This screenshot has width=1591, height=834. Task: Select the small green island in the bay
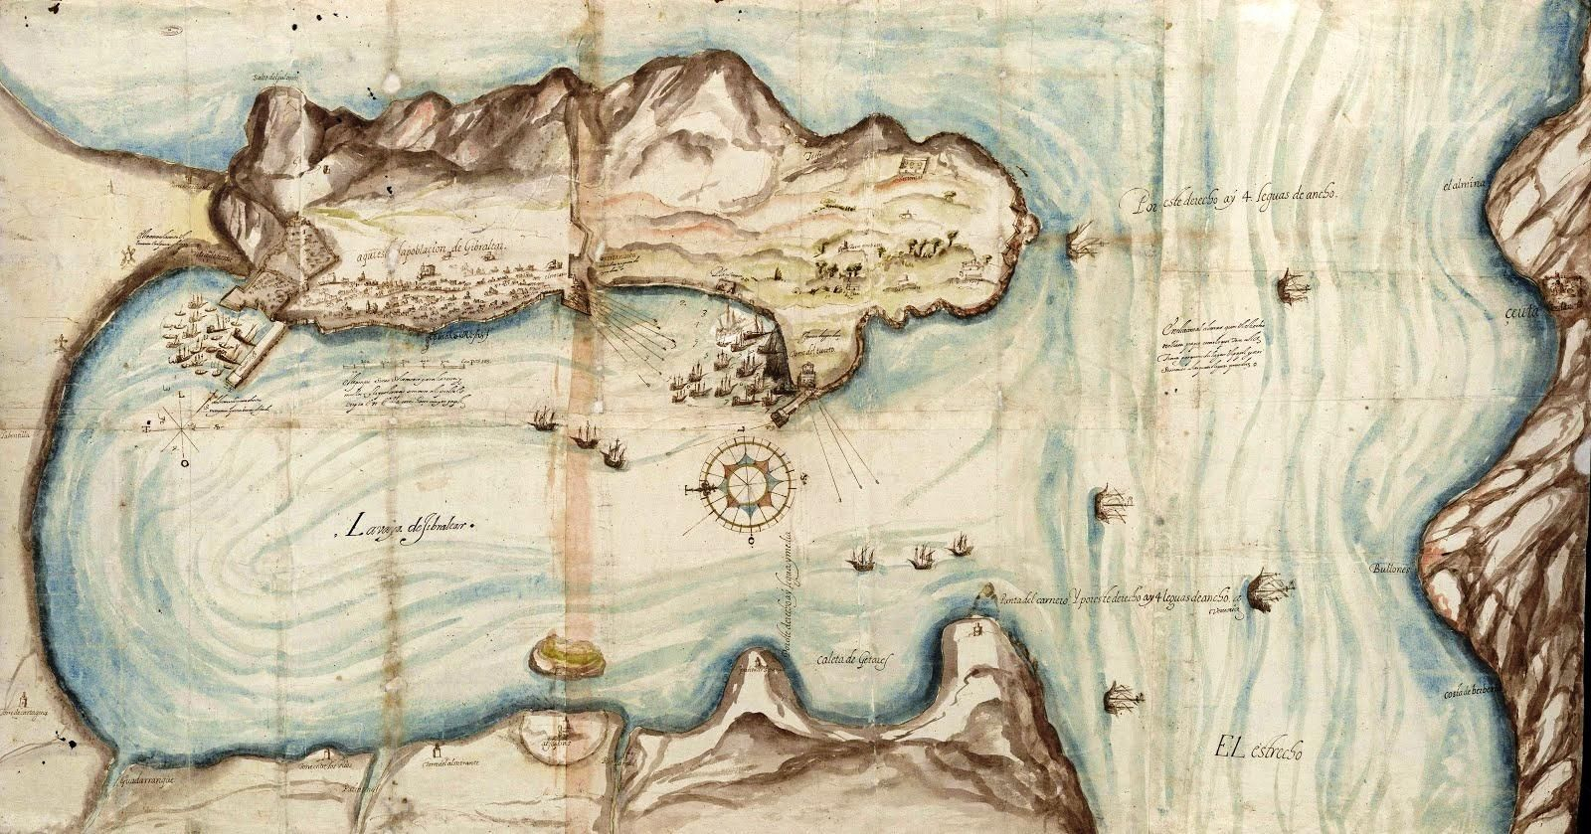563,655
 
